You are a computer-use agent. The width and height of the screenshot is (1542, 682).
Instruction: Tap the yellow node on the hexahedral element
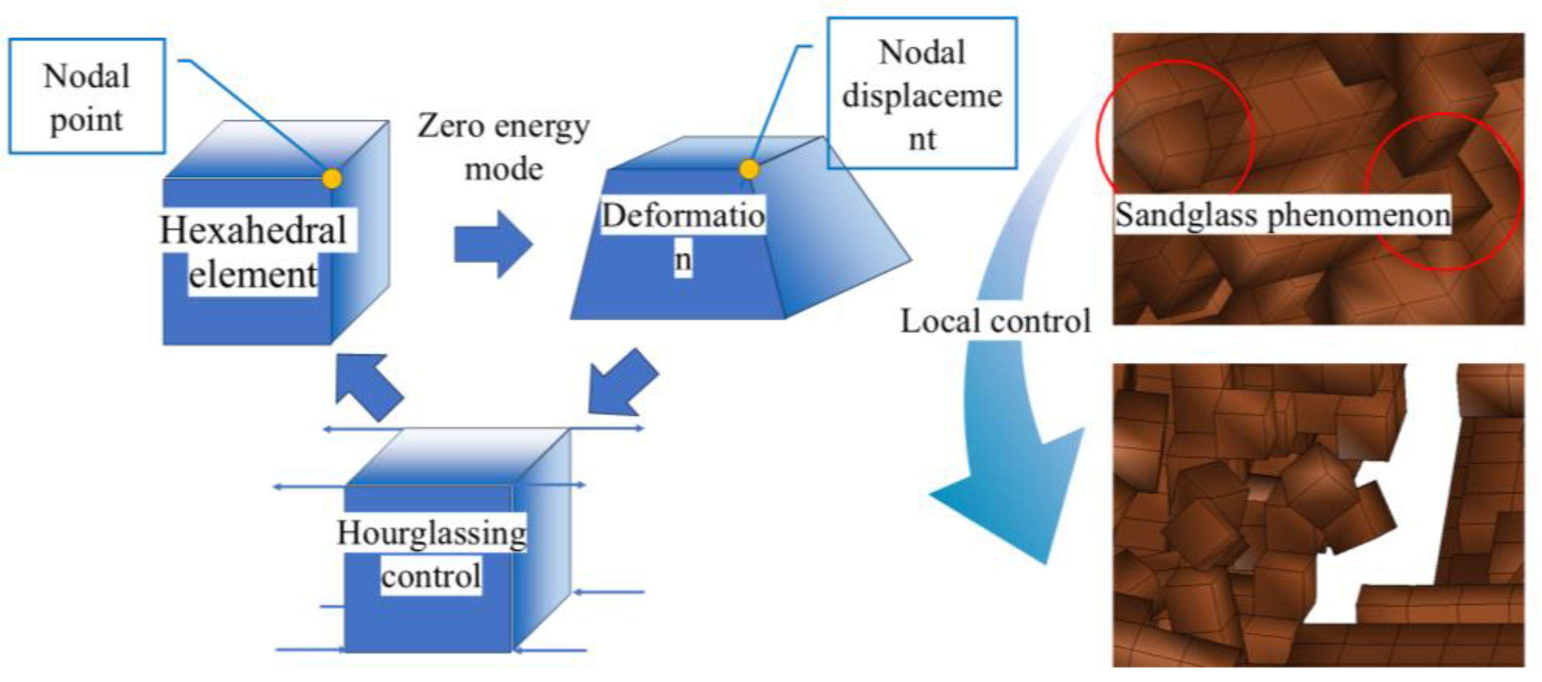tap(332, 178)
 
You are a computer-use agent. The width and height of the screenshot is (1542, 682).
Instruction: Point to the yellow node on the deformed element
tap(749, 169)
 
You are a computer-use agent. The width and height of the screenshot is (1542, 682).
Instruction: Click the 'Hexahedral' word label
tap(254, 230)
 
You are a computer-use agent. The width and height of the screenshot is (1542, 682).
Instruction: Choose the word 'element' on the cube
tap(253, 275)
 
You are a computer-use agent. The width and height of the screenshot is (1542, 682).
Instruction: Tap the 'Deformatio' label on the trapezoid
tap(683, 216)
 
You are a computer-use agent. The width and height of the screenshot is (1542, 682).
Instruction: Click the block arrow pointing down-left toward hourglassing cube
tap(622, 383)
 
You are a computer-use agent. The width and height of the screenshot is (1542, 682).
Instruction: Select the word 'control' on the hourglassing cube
tap(431, 577)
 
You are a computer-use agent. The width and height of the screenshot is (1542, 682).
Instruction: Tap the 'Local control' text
tap(995, 321)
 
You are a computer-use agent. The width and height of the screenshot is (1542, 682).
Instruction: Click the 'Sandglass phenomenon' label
tap(1282, 215)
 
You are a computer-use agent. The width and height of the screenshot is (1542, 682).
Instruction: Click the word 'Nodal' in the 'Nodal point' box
tap(87, 76)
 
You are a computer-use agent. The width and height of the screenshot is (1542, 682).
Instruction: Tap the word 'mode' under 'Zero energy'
tap(504, 169)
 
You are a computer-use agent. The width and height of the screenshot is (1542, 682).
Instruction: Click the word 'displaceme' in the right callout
tap(922, 96)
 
